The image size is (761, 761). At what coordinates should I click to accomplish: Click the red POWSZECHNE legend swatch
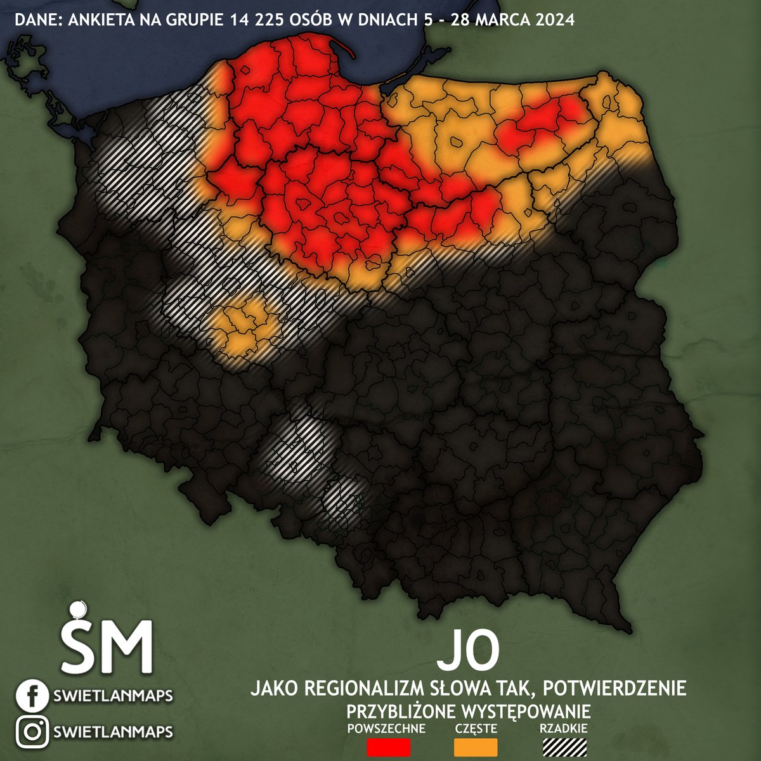389,746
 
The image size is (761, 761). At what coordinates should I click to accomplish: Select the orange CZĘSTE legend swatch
476,746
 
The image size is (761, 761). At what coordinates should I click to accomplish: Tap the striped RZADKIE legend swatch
565,746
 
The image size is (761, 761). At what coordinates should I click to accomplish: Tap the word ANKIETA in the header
94,20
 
